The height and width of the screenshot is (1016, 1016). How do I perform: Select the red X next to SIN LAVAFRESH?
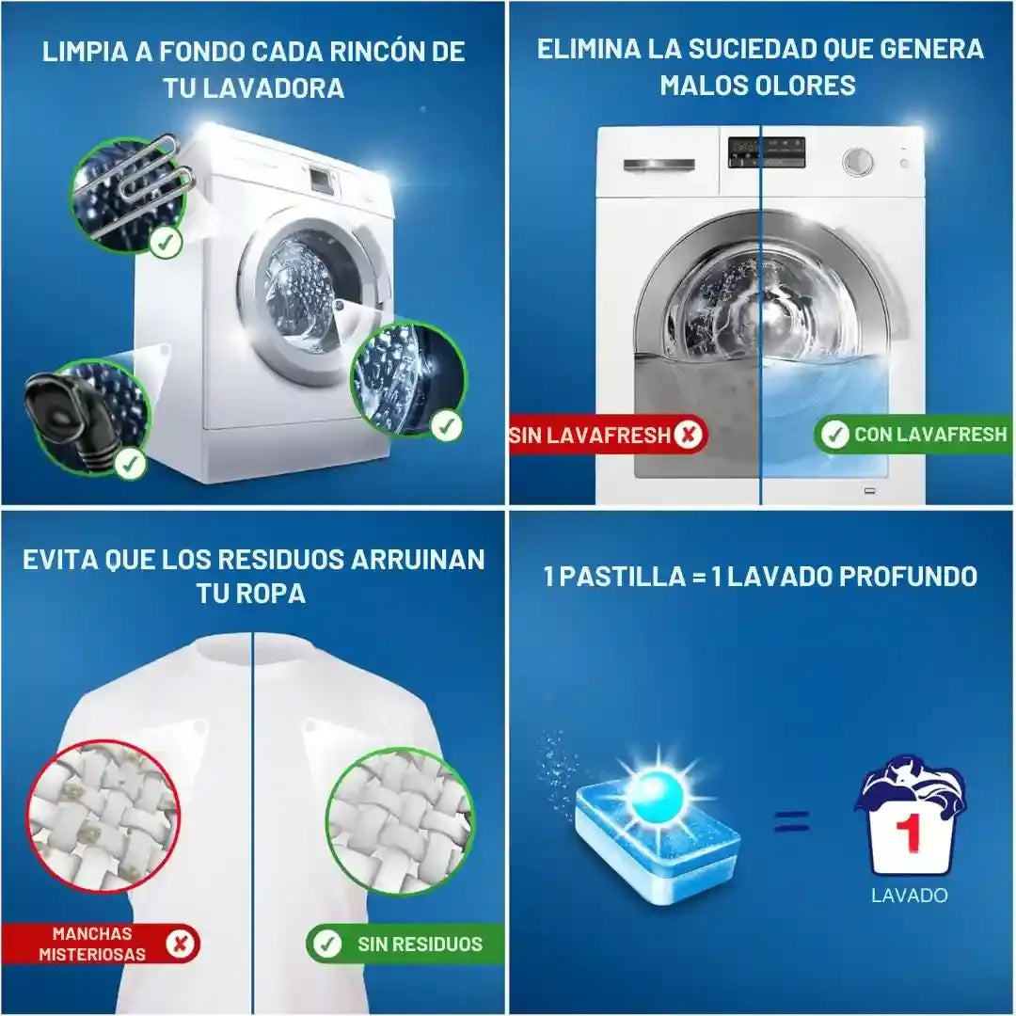click(688, 434)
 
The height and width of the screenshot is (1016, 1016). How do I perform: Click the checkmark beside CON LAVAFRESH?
click(834, 434)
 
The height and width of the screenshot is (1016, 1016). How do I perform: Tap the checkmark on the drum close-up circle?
click(447, 426)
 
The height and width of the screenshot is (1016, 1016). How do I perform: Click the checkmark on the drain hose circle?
click(130, 463)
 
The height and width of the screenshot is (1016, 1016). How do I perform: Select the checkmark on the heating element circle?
click(166, 243)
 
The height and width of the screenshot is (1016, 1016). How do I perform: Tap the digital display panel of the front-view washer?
click(767, 152)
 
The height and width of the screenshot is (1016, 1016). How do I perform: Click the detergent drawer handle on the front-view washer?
click(659, 166)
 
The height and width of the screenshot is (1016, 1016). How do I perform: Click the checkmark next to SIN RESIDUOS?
click(327, 944)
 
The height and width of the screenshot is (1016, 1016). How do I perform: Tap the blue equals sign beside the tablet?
click(792, 821)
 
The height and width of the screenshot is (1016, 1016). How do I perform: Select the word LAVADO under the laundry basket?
click(909, 896)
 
